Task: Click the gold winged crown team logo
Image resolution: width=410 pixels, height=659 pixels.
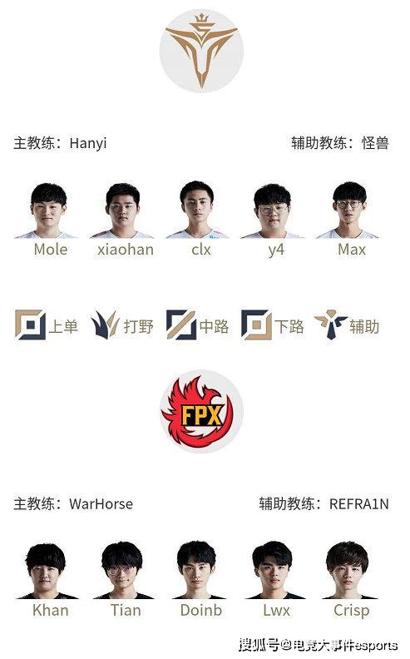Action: click(201, 51)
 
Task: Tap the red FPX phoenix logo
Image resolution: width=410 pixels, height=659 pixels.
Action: click(201, 411)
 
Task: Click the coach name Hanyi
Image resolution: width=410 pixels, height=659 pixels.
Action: click(88, 144)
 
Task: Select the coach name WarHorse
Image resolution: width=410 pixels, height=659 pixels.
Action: click(101, 503)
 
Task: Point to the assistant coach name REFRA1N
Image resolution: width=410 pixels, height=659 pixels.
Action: click(359, 503)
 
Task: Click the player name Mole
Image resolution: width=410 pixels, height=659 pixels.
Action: click(51, 250)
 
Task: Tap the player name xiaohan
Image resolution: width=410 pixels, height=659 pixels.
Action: click(126, 250)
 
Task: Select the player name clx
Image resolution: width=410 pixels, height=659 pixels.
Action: click(201, 250)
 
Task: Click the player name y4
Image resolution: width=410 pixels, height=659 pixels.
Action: click(276, 250)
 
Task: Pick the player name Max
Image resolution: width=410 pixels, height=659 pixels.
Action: click(352, 250)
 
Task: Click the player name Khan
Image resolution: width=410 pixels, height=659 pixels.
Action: click(51, 610)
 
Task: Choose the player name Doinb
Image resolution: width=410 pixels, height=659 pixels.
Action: click(201, 610)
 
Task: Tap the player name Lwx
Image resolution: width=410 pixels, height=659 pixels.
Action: click(276, 610)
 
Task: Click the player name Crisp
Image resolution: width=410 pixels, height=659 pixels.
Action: click(352, 611)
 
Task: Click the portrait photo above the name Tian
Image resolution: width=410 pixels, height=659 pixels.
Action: click(123, 570)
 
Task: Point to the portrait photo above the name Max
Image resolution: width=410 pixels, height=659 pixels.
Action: click(348, 211)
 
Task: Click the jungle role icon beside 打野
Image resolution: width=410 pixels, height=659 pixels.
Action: click(106, 325)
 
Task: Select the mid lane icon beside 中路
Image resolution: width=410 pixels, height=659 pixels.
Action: click(181, 325)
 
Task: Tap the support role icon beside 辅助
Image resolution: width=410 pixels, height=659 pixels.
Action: click(331, 325)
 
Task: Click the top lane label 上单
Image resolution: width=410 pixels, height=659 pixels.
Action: click(63, 326)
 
